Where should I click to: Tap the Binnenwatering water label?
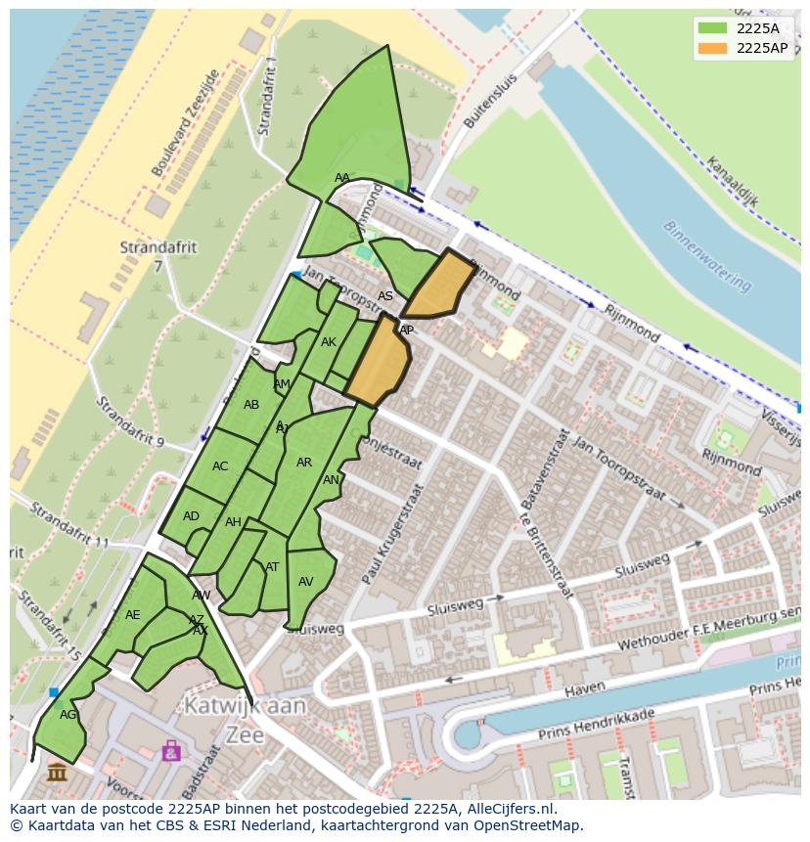coord(706,255)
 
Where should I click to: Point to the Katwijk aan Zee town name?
coord(244,720)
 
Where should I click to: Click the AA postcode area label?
coord(341,178)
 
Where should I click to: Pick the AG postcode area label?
coord(67,715)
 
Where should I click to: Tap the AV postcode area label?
coord(305,582)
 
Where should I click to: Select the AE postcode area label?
coord(133,615)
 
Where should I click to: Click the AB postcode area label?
coord(251,405)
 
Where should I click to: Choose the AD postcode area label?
coord(191,516)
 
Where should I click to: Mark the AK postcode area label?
coord(329,342)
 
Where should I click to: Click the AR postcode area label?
coord(304,463)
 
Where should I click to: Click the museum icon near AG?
coord(57,773)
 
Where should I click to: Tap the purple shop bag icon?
coord(171,750)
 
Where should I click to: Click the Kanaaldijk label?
coord(732,185)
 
